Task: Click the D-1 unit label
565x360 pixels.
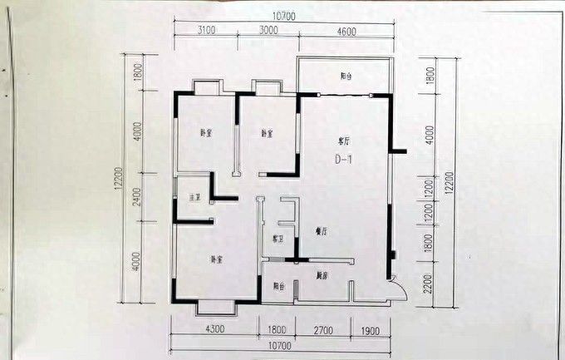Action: coord(345,158)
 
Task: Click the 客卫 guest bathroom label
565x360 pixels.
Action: coord(278,240)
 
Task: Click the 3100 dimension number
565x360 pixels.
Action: coord(206,31)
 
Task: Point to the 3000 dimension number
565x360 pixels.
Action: coord(268,31)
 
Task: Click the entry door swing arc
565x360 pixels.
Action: coord(399,288)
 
